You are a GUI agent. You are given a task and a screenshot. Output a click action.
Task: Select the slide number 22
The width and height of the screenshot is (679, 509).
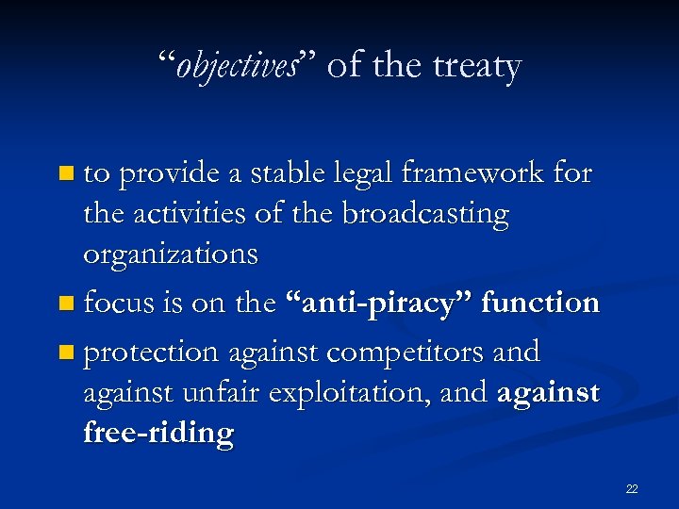tap(632, 488)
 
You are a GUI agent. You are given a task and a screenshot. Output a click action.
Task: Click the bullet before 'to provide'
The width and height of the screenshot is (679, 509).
tap(64, 173)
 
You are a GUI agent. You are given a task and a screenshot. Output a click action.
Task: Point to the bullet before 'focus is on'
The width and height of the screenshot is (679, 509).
tap(64, 304)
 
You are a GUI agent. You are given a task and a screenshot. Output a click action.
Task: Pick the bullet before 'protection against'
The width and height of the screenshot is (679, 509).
tap(64, 353)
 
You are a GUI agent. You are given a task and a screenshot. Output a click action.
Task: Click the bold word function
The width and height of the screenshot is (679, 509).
tap(540, 303)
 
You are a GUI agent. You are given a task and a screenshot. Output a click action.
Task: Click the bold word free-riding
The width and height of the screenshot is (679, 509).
tap(158, 435)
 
